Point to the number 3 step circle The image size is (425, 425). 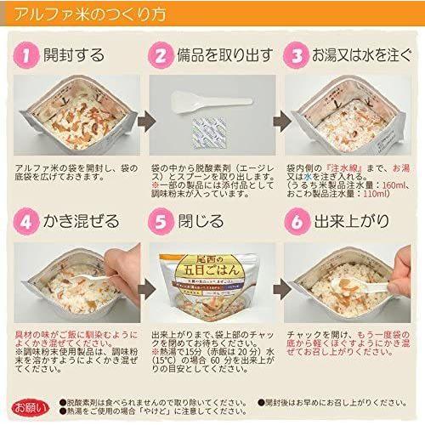[x=297, y=56]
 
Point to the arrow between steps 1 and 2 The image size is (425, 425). [x=141, y=117]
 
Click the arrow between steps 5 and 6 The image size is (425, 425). [x=275, y=285]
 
